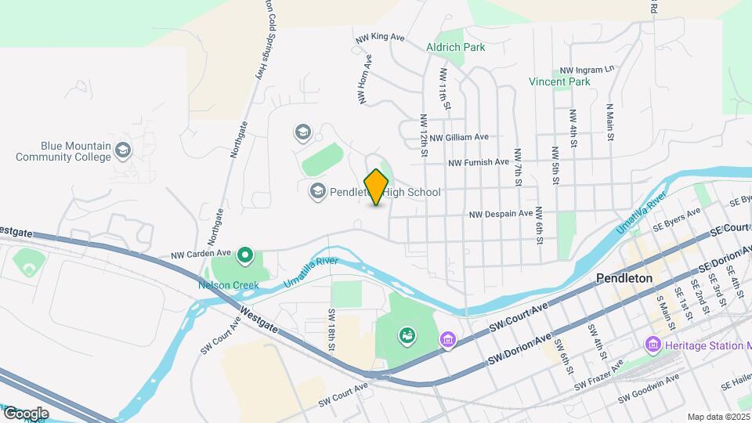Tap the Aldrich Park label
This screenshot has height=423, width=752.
[456, 47]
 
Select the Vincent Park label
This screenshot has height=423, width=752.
[559, 81]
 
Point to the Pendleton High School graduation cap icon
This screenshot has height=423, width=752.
[317, 190]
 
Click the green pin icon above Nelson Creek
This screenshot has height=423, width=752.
[245, 255]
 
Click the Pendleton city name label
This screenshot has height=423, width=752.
[624, 278]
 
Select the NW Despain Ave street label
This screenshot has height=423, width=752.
[501, 213]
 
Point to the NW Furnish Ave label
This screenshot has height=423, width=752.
[479, 163]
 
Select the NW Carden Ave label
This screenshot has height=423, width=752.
[201, 255]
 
